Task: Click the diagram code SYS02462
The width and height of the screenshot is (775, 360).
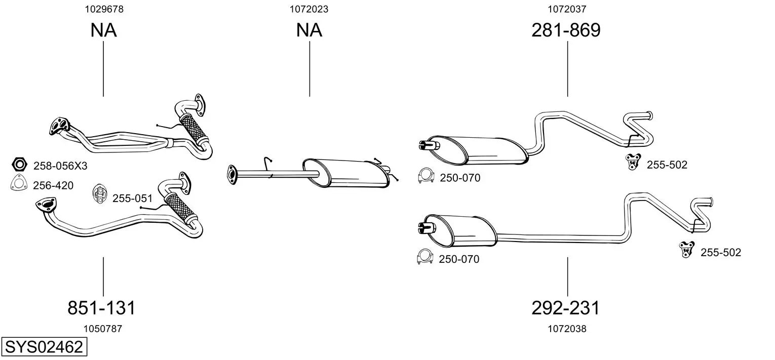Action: click(44, 347)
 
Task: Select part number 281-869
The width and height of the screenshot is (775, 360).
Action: click(566, 30)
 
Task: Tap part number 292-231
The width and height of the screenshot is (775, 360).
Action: click(565, 308)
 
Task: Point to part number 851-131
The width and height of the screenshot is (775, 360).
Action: click(101, 308)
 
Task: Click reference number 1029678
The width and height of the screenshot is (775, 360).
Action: click(104, 9)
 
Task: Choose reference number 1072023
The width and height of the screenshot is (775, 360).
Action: click(309, 9)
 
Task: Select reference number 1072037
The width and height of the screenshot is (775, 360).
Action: click(567, 9)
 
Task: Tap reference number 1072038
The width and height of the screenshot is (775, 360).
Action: click(567, 329)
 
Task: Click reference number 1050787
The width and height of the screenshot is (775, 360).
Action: click(103, 329)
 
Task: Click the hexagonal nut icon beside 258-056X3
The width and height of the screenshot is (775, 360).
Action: click(19, 165)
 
